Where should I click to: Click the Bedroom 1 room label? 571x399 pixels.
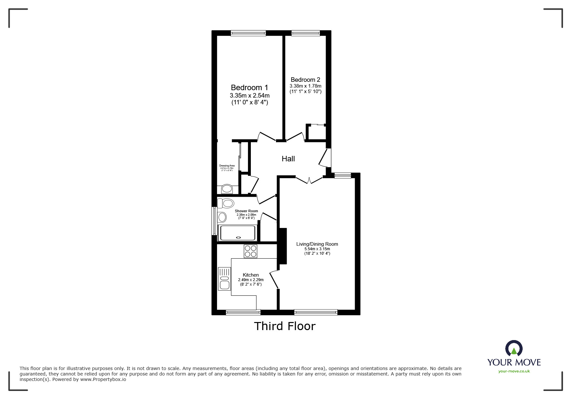coord(249,88)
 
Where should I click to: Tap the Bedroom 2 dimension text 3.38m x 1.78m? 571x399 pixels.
coord(305,86)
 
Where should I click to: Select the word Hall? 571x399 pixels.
coord(288,159)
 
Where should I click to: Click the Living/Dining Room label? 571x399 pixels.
coord(317,244)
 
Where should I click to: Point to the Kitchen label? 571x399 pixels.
coord(251,275)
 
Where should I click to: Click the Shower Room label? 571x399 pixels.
coord(246,211)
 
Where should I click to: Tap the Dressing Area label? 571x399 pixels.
coord(227,166)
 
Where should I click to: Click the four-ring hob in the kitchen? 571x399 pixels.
coord(251,252)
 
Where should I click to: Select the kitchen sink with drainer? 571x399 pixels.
coord(224,279)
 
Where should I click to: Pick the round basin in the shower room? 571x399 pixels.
coord(222,217)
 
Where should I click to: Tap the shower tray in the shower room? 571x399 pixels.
coord(238,233)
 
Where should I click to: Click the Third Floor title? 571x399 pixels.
coord(285,326)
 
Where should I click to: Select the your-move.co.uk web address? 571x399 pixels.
coord(514,371)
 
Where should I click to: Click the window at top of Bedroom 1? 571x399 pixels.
coord(248,33)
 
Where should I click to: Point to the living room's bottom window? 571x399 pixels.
coord(316,312)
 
